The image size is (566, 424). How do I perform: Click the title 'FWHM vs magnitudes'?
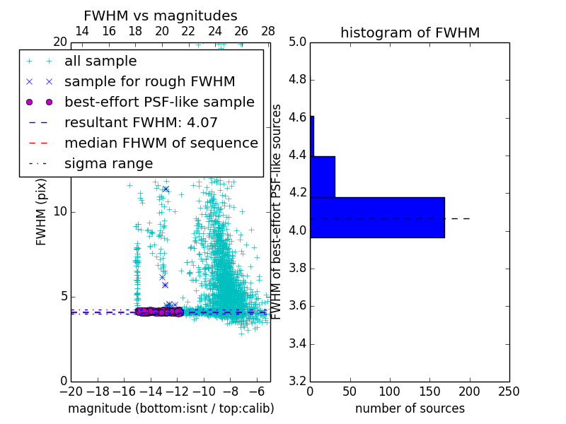(x=160, y=16)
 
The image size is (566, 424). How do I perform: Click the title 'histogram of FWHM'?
(x=410, y=33)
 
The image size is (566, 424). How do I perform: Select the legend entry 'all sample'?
(x=100, y=61)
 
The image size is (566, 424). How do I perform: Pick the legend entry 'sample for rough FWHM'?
(x=149, y=82)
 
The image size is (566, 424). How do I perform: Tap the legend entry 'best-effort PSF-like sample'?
(x=159, y=102)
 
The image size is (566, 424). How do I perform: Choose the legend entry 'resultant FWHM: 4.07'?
(x=141, y=123)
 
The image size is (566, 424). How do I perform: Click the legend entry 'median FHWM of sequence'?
(x=161, y=143)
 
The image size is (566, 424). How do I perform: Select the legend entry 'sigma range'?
(x=108, y=164)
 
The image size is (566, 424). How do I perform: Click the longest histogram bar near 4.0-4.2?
(x=377, y=217)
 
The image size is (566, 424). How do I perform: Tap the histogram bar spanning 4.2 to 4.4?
(x=323, y=177)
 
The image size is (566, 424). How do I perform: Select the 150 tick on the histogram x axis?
(x=429, y=391)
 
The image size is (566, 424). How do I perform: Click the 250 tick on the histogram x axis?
(x=509, y=391)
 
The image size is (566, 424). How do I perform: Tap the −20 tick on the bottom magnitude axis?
(x=71, y=391)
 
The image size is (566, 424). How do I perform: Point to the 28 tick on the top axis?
(x=268, y=31)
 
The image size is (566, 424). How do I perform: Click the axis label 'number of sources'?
(x=410, y=408)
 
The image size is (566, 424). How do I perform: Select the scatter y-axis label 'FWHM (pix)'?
(x=42, y=212)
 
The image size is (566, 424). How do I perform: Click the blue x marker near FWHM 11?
(x=166, y=189)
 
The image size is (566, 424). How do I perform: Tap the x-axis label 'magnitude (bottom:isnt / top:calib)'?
(x=171, y=408)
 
